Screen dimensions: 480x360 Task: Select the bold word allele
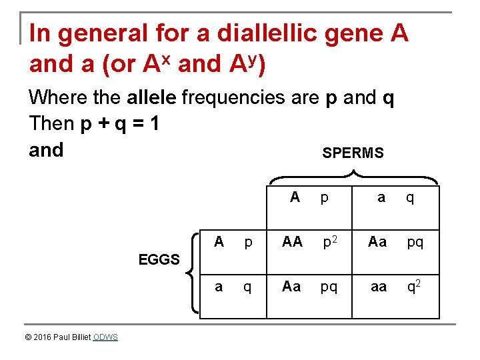click(151, 98)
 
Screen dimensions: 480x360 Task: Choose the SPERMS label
click(353, 153)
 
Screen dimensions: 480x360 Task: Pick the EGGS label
click(159, 259)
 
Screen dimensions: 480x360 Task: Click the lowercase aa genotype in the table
click(379, 287)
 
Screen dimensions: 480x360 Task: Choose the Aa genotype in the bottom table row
click(291, 287)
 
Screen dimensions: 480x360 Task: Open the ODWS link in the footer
click(105, 337)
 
